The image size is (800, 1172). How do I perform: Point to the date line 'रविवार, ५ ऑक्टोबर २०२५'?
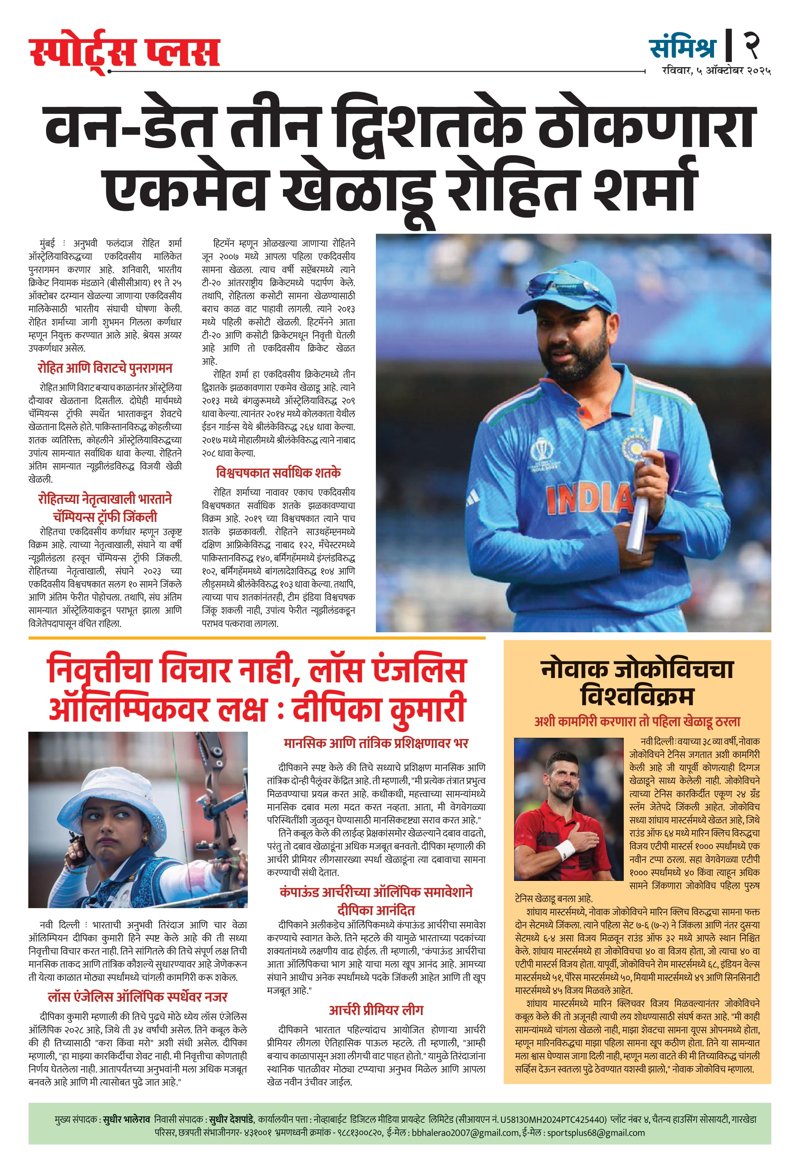pyautogui.click(x=716, y=71)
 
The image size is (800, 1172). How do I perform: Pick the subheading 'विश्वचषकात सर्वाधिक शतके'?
pyautogui.click(x=278, y=473)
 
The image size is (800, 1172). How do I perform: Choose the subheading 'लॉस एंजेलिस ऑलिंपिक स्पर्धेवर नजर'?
pyautogui.click(x=137, y=997)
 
